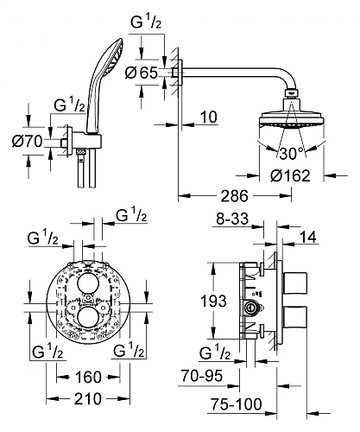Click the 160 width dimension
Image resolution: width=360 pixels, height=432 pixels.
click(x=89, y=377)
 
